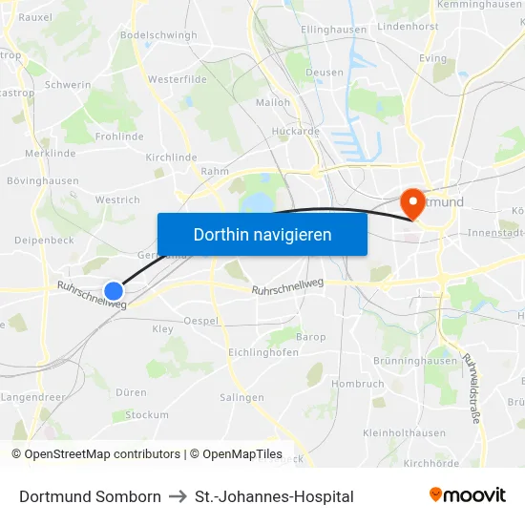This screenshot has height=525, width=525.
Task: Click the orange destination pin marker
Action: click(x=413, y=201)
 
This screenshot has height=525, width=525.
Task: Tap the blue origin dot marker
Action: click(x=114, y=290)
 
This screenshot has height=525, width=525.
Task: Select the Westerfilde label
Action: click(x=178, y=79)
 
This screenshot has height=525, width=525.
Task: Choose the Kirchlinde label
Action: click(x=171, y=157)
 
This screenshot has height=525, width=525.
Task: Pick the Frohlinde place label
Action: click(x=118, y=136)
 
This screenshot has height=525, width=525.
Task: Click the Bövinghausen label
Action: click(x=43, y=180)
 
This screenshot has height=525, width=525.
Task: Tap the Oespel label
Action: click(x=200, y=321)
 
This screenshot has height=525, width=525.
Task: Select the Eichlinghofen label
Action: click(x=263, y=352)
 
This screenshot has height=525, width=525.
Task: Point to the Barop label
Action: click(x=310, y=337)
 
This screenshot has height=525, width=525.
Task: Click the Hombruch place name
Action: click(x=358, y=384)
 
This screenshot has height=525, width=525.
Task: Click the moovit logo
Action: click(x=467, y=495)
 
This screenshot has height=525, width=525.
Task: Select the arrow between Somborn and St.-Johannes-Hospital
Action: click(x=178, y=496)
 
